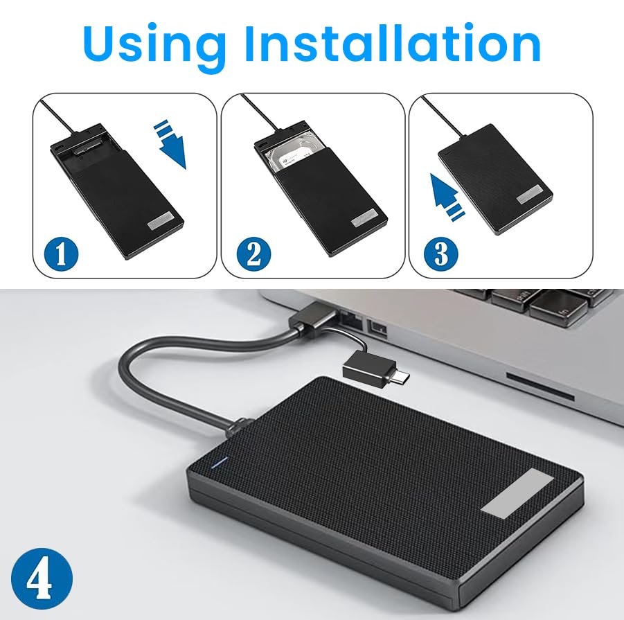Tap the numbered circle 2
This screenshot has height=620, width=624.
point(253,254)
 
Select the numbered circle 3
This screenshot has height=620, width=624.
point(440,254)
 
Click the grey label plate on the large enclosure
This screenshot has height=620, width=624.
point(517,492)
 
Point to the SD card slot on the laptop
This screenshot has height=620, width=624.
point(540,387)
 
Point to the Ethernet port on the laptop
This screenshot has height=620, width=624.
point(350,319)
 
